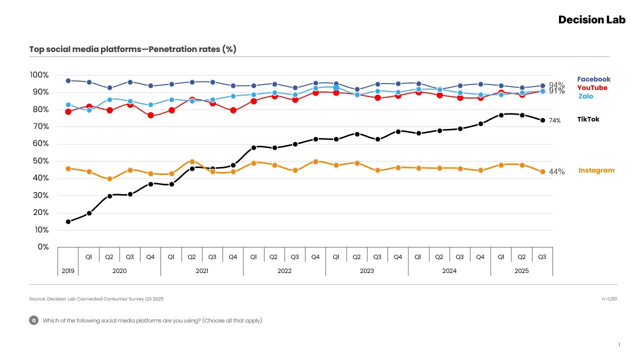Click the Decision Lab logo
tap(591, 20)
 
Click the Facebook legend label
tap(593, 79)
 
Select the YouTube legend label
tap(592, 87)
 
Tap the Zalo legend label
tap(586, 96)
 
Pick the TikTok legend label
tap(588, 119)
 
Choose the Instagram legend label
tap(596, 170)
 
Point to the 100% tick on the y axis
tap(39, 75)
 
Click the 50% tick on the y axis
tap(40, 161)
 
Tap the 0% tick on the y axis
tap(43, 247)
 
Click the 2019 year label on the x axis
tap(68, 271)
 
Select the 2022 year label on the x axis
tap(284, 271)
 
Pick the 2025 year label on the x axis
tap(521, 271)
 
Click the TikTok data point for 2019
tap(68, 221)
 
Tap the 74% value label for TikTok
tap(555, 120)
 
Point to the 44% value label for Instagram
tap(557, 171)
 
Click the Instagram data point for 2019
tap(68, 168)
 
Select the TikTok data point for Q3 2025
tap(542, 120)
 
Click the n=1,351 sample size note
tap(609, 299)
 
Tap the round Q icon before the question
tap(33, 320)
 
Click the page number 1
tap(619, 344)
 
